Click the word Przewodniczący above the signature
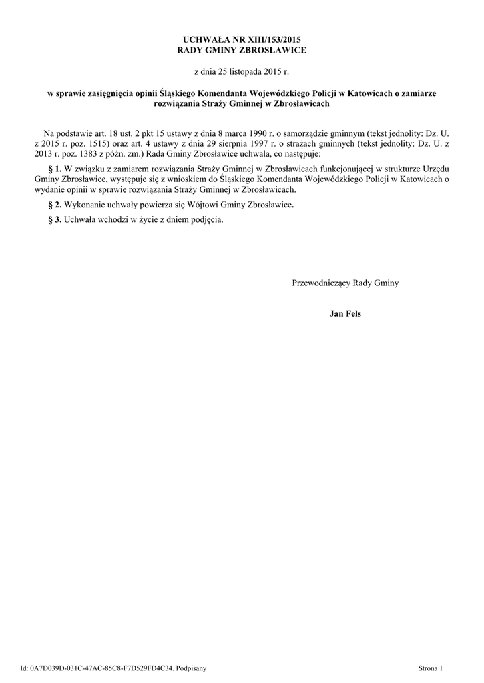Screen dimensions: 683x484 322,283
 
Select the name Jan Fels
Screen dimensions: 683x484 345,313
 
